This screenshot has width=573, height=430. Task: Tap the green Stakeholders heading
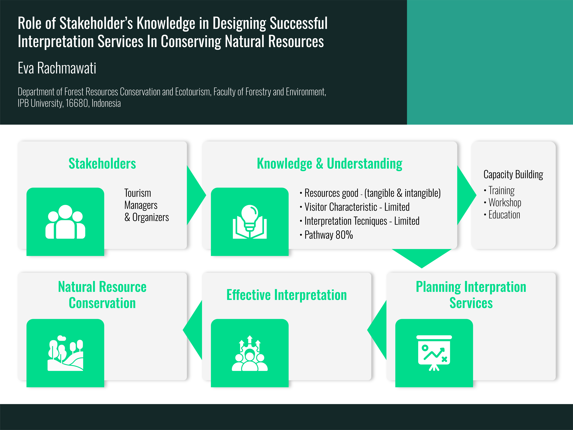[x=102, y=164]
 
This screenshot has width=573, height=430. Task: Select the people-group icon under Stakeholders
[x=65, y=222]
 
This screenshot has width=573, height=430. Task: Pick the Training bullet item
[x=501, y=191]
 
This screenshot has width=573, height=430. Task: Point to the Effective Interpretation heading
[x=286, y=295]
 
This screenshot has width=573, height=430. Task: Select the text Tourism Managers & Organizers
[x=146, y=205]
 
